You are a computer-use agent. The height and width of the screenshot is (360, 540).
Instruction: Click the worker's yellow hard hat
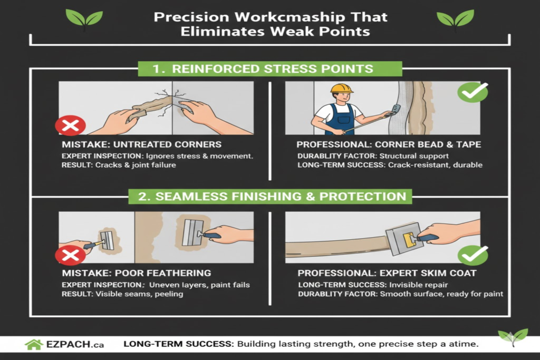tap(342, 88)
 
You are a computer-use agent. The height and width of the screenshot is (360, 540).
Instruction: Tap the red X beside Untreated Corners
tap(70, 125)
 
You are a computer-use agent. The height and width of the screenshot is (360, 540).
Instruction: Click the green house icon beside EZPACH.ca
tap(34, 344)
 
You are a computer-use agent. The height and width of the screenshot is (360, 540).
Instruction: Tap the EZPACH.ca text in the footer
tap(75, 345)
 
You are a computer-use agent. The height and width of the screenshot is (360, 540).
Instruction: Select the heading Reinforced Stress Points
tap(269, 69)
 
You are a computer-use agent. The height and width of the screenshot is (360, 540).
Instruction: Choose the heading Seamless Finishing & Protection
tap(269, 196)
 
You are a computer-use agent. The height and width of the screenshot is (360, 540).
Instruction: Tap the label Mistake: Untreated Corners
tap(141, 144)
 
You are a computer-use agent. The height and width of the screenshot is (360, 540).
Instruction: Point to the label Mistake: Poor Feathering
tap(136, 273)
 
